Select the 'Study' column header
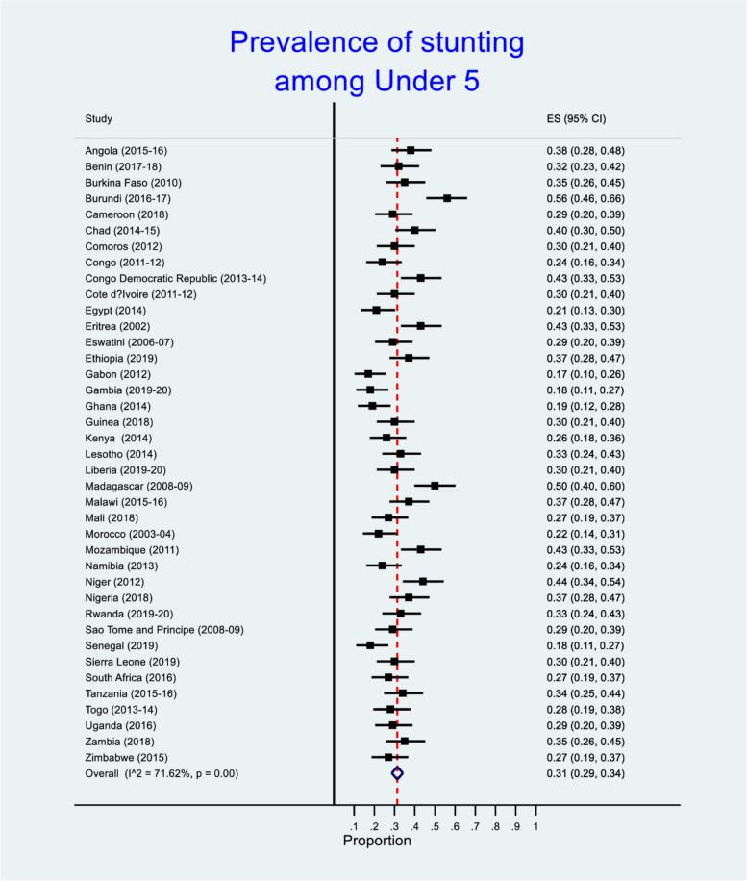(98, 119)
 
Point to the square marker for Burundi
(447, 198)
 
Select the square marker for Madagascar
(435, 486)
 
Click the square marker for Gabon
(368, 374)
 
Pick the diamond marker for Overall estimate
(397, 772)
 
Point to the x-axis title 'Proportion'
(377, 841)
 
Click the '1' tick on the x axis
(535, 825)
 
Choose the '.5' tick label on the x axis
(435, 825)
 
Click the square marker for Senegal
(370, 645)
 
